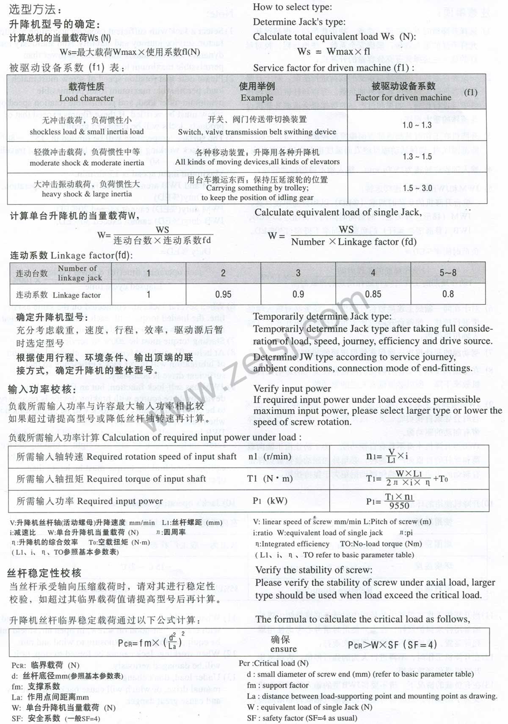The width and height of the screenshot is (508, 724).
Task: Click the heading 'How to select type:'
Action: (x=292, y=7)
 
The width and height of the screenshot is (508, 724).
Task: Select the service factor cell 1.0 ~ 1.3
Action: (x=417, y=125)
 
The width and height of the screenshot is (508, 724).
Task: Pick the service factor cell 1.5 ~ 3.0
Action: (x=417, y=188)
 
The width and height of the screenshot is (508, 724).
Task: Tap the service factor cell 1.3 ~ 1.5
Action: (x=417, y=157)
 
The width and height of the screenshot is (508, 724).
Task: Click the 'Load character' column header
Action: (x=86, y=98)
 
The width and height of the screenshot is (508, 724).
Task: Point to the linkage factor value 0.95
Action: (x=223, y=294)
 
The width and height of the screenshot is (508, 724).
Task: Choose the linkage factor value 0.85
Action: (x=373, y=294)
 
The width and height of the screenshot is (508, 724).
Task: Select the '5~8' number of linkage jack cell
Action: (x=448, y=273)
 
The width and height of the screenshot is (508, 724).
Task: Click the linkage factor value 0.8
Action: (x=448, y=294)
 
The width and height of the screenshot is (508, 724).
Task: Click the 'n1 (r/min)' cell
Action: (x=270, y=456)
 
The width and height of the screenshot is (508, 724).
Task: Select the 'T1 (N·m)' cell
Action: (x=270, y=478)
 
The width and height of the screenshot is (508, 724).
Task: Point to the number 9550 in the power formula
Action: (x=399, y=506)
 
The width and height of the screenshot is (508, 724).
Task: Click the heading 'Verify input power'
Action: (x=292, y=388)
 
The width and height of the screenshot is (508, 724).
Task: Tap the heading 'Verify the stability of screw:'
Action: (x=314, y=570)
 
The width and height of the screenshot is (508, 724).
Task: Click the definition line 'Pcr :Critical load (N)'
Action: (x=273, y=663)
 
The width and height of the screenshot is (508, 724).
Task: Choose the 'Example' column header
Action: (x=257, y=97)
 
